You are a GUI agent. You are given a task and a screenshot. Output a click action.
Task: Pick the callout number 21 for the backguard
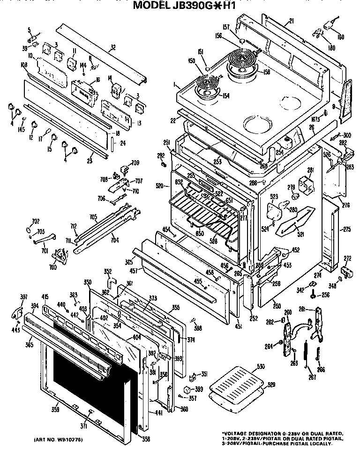pyautogui.click(x=291, y=21)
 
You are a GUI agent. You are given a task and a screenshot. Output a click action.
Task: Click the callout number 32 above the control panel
pyautogui.click(x=112, y=47)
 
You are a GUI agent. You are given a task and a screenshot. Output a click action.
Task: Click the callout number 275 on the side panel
pyautogui.click(x=347, y=229)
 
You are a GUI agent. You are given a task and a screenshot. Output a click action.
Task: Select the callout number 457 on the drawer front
pyautogui.click(x=134, y=271)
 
